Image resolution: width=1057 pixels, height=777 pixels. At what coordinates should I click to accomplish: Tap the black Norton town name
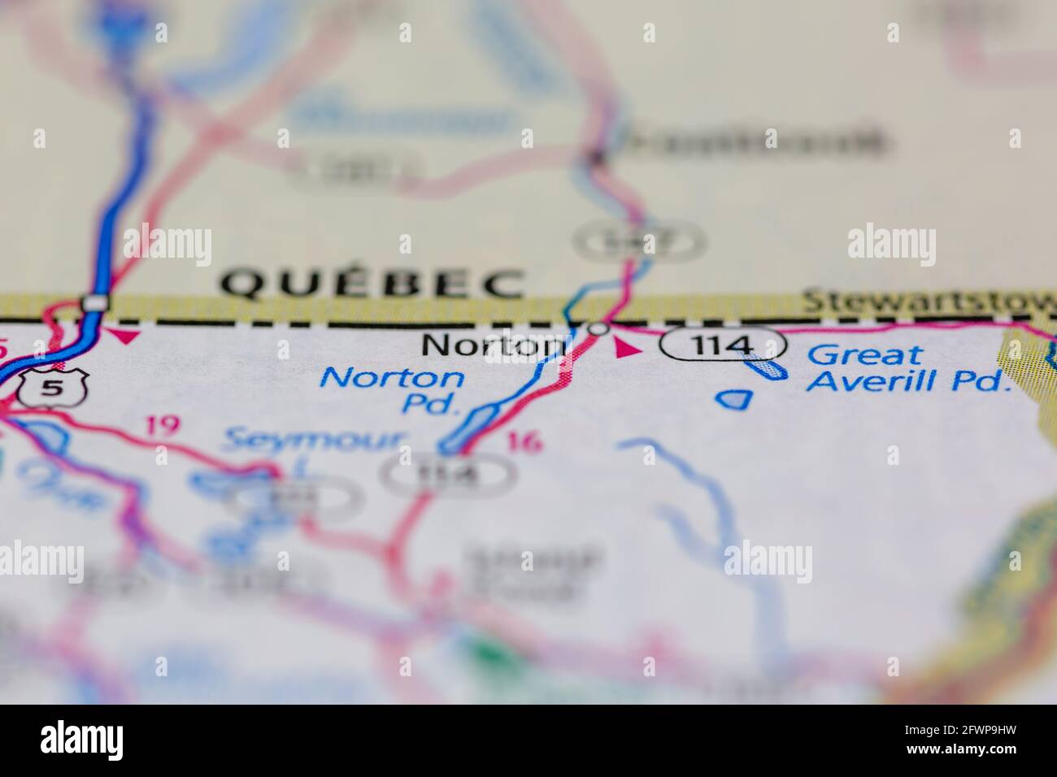[x=493, y=346]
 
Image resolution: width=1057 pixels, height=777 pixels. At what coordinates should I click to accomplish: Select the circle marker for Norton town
[x=598, y=330]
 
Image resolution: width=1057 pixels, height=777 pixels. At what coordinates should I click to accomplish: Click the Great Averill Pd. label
[x=907, y=367]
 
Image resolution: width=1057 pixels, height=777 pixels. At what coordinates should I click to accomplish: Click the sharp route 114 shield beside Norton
[x=723, y=345]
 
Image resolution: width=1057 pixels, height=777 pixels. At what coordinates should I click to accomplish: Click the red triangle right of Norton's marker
[x=627, y=349]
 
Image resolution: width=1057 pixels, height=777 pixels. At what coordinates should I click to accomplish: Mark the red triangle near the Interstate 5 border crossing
[x=126, y=336]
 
